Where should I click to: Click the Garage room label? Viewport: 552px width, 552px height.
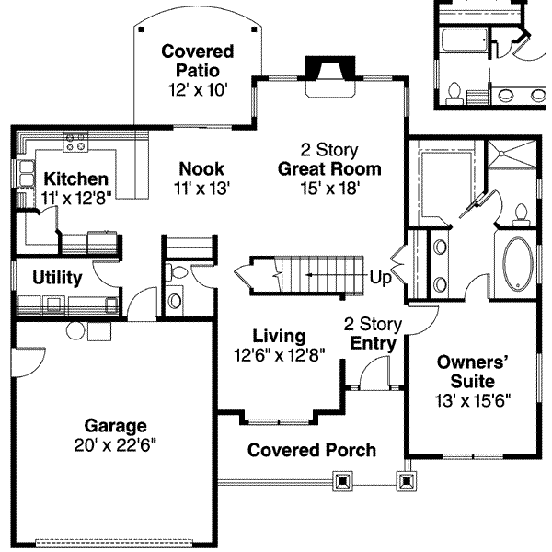click(116, 426)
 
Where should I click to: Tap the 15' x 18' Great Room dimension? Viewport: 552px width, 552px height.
click(330, 188)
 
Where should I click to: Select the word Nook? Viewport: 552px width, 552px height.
click(201, 168)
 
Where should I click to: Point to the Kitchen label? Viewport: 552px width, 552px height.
click(76, 178)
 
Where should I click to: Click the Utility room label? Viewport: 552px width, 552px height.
click(57, 278)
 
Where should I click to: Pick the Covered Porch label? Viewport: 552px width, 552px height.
click(312, 450)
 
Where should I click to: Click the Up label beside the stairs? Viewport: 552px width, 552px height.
click(380, 278)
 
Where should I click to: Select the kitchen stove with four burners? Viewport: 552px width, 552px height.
click(75, 142)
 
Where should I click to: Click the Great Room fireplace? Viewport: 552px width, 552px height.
click(330, 76)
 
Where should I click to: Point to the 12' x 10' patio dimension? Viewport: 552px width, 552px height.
click(198, 90)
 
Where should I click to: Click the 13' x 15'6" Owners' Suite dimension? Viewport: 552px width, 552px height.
click(473, 400)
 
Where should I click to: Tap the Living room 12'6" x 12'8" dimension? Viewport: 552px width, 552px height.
click(280, 355)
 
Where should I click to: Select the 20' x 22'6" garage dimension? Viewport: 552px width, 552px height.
click(115, 445)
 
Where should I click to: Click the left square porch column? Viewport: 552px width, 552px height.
click(342, 480)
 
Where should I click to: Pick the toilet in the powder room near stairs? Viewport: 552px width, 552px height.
click(177, 272)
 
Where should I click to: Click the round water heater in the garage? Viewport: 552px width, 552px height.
click(75, 331)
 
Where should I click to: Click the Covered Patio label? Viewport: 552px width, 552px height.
click(198, 61)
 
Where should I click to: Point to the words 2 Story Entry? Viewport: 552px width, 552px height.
click(374, 333)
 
